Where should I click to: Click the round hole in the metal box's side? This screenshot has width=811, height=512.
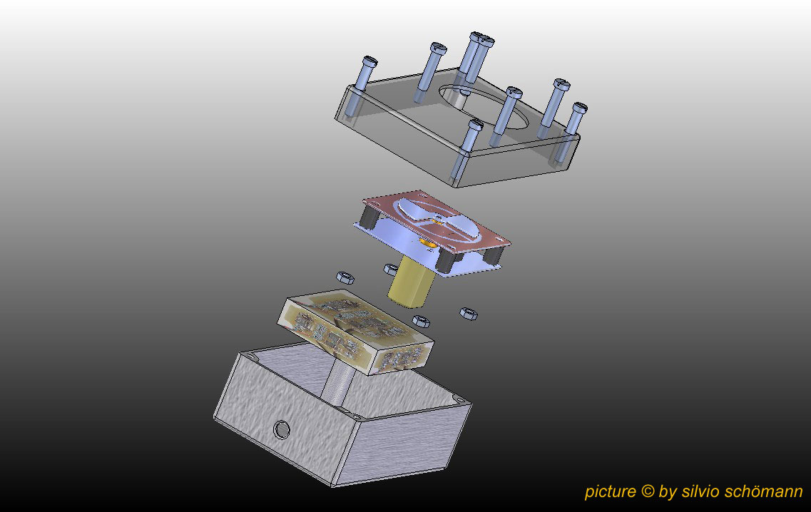click(281, 429)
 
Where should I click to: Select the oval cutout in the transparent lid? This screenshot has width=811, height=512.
click(484, 107)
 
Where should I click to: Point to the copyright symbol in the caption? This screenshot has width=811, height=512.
click(648, 491)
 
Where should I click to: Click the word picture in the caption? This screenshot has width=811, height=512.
click(611, 491)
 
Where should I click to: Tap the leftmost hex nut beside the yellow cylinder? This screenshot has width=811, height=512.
click(345, 277)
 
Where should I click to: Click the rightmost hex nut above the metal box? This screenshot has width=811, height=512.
click(469, 313)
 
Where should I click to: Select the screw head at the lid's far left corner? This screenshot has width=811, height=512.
click(369, 62)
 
